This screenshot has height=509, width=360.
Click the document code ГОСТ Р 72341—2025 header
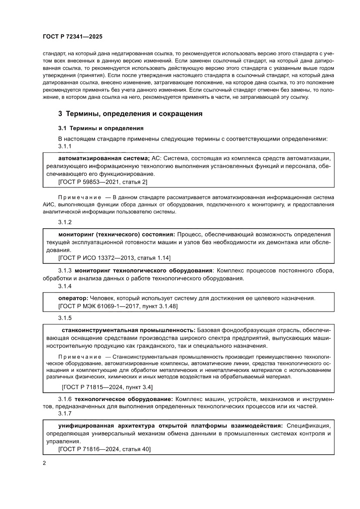(x=73, y=37)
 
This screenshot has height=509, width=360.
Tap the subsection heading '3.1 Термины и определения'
(x=101, y=128)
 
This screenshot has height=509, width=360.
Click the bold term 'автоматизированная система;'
(x=104, y=158)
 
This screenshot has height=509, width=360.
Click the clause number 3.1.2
(x=65, y=222)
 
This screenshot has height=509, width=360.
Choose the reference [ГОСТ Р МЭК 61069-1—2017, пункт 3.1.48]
(x=118, y=306)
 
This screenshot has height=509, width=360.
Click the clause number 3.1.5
(x=65, y=317)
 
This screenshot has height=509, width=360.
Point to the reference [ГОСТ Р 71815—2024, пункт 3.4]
(x=107, y=387)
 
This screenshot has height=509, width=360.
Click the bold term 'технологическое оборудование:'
(x=124, y=399)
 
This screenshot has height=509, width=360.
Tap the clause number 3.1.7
(x=65, y=413)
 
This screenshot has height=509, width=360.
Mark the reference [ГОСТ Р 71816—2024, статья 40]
(x=104, y=449)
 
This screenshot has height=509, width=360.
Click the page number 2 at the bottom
(x=44, y=462)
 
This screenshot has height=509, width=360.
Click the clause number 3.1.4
(x=65, y=286)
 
